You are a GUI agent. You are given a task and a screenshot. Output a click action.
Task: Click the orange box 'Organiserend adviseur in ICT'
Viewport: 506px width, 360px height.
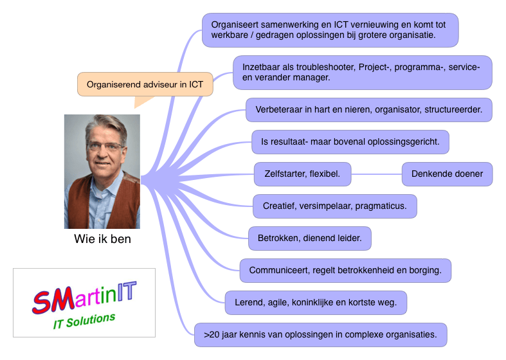tap(145, 84)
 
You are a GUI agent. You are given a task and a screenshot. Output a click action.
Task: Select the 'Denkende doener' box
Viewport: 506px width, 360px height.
tap(447, 174)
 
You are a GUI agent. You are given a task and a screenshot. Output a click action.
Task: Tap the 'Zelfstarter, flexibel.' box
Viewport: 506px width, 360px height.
tap(302, 174)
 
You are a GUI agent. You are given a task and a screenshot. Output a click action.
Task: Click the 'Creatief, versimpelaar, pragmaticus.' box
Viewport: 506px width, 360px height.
tap(334, 206)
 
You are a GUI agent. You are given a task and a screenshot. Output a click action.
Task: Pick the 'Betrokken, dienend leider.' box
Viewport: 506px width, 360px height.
tap(309, 239)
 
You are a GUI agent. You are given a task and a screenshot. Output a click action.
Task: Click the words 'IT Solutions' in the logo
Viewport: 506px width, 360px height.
tap(84, 321)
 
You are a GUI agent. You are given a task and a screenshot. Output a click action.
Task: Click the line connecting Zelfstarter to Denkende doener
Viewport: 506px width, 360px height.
tap(377, 174)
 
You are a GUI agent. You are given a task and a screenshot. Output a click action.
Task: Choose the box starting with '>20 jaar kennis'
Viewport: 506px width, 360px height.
tap(320, 334)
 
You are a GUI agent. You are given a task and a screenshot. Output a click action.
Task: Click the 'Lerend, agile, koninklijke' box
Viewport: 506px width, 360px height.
tap(316, 302)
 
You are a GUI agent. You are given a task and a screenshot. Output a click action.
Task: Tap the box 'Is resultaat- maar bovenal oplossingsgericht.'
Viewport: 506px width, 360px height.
tap(350, 141)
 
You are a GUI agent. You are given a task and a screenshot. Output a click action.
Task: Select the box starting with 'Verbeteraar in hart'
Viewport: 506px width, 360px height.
tap(368, 109)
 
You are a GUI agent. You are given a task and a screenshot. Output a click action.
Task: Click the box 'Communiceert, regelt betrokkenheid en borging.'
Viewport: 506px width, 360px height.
tap(345, 270)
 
